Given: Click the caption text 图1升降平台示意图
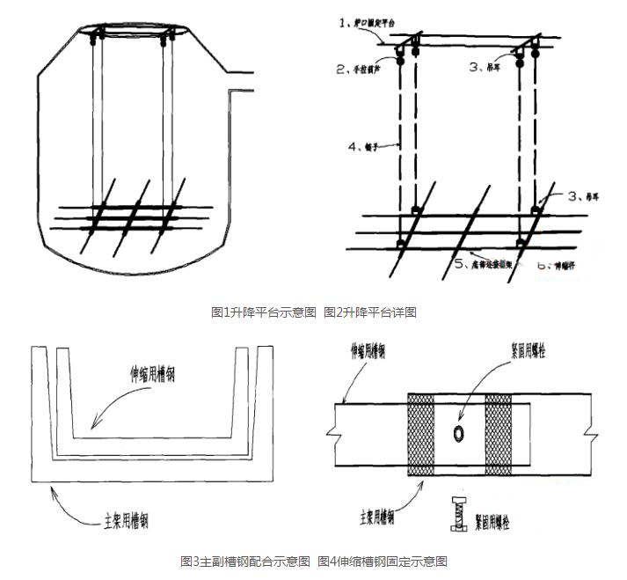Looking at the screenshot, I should (263, 312).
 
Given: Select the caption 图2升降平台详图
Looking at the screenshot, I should (369, 312).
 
